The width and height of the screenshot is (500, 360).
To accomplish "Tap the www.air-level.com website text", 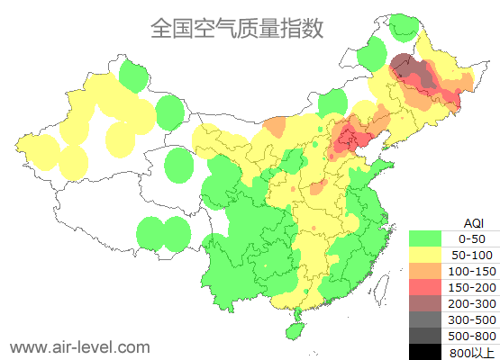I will (79, 346).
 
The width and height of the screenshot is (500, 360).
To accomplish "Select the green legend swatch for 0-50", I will (429, 238).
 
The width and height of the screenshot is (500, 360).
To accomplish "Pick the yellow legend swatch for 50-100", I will (429, 255).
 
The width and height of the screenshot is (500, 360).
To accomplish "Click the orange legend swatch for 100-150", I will (429, 271).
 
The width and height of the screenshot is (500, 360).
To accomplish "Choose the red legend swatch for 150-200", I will (429, 287).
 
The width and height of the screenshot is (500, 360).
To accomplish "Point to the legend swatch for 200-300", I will (429, 303).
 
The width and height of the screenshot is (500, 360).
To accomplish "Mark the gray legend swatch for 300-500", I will (429, 319).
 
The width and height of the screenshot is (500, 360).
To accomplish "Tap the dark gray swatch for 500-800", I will (429, 336).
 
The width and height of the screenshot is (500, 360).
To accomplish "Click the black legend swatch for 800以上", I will (429, 351).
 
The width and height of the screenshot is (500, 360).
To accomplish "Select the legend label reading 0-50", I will (473, 239).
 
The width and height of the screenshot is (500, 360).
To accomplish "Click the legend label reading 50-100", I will (473, 256).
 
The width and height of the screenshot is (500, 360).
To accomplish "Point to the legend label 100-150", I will (473, 271).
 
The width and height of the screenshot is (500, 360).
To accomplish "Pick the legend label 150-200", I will (473, 287).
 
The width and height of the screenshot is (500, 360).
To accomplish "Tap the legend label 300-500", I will (473, 319).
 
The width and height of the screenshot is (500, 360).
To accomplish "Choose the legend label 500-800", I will (473, 336).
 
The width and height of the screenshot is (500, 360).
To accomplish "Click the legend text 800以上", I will (473, 352).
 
